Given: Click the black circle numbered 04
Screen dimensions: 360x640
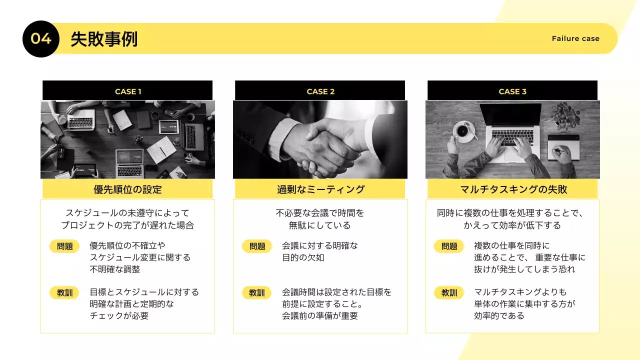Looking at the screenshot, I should tap(41, 39).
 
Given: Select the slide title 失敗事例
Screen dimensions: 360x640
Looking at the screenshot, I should tap(104, 39).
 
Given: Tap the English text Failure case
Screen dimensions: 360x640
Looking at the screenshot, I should tap(575, 38).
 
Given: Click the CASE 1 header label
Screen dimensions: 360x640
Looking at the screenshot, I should tap(128, 91).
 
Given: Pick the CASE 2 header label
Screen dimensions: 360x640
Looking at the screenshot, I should tap(320, 91).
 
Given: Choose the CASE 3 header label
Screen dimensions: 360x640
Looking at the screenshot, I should tap(512, 91).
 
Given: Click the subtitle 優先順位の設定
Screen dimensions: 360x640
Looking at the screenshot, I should tap(128, 189).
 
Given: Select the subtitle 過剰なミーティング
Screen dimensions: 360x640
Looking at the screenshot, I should tap(320, 189).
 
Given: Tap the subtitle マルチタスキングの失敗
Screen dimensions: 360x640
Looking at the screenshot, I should tap(513, 189).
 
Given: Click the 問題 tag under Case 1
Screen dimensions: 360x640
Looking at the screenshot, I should tap(64, 246).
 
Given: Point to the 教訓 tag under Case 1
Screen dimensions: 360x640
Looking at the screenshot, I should tap(64, 292).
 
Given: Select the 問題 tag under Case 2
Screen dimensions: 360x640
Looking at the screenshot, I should tap(257, 246).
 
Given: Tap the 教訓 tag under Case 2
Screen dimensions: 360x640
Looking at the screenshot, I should tap(257, 292).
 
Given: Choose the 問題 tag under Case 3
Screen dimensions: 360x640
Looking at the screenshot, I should tap(449, 246).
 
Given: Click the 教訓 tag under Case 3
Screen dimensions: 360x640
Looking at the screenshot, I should tap(449, 292).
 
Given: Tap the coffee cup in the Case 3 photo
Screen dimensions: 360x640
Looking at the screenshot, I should tap(462, 131).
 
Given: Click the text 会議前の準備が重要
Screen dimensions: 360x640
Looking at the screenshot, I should tap(320, 316).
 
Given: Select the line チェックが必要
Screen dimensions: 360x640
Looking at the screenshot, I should tap(119, 316).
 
